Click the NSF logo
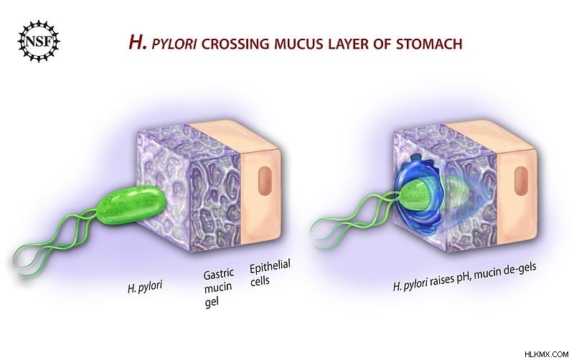39,41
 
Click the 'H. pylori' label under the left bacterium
145,286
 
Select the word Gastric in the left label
219,274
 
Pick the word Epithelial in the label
270,267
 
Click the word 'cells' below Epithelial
260,281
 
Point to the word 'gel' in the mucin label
211,302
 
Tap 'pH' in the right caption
464,279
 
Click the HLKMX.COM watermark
546,354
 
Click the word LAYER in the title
361,44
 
